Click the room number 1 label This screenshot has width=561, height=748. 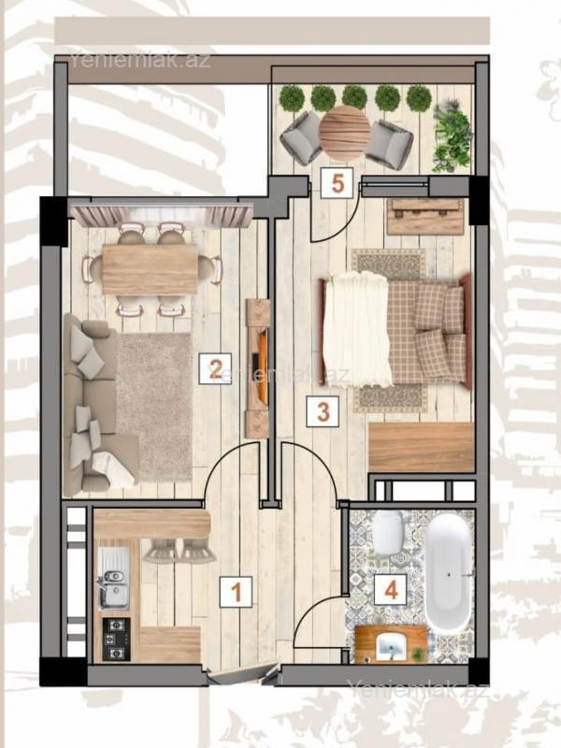236,592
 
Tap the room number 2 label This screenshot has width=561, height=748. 215,368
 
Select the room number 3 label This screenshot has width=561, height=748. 324,411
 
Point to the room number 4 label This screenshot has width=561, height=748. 391,591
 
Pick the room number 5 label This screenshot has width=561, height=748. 338,183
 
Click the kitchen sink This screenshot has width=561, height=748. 113,578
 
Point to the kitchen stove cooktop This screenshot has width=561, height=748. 116,640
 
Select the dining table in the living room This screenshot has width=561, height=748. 151,269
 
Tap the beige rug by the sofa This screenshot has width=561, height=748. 154,409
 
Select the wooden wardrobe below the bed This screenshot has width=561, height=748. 422,448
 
